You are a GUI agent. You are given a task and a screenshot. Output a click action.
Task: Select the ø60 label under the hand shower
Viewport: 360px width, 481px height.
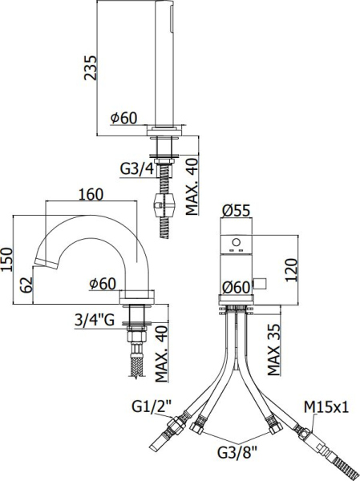pyautogui.click(x=125, y=118)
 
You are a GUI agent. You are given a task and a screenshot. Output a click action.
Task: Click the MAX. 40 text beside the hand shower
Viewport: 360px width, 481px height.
pyautogui.click(x=192, y=186)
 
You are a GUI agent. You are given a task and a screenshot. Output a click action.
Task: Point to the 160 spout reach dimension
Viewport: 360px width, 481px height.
pyautogui.click(x=94, y=195)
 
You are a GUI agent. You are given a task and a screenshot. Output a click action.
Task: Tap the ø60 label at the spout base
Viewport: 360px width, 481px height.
pyautogui.click(x=103, y=283)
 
